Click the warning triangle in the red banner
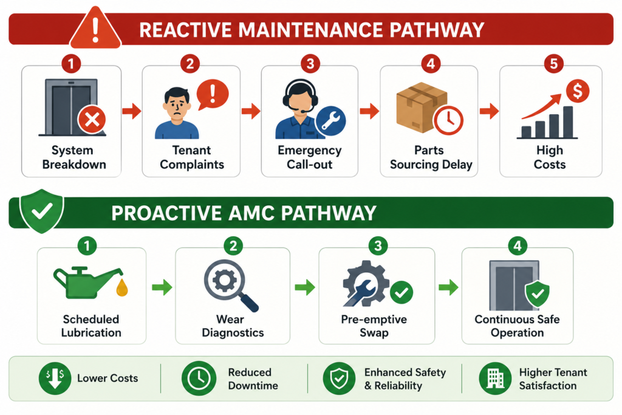[95, 29]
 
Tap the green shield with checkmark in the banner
[42, 211]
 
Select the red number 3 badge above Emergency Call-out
[310, 63]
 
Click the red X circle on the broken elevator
[92, 120]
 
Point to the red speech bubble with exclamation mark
[212, 94]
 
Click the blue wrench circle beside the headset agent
[330, 121]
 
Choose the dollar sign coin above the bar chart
[577, 91]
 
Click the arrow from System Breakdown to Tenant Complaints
[131, 111]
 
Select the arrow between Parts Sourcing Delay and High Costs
[489, 111]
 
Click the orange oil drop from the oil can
[122, 287]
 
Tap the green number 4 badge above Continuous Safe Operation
[518, 246]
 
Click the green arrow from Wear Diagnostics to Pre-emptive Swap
[305, 287]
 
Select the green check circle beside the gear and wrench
[402, 292]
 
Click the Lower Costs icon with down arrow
[55, 379]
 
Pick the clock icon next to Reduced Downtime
[199, 379]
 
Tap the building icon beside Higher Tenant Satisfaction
[495, 379]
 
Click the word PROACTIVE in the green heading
[166, 213]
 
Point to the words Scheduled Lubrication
[91, 326]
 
